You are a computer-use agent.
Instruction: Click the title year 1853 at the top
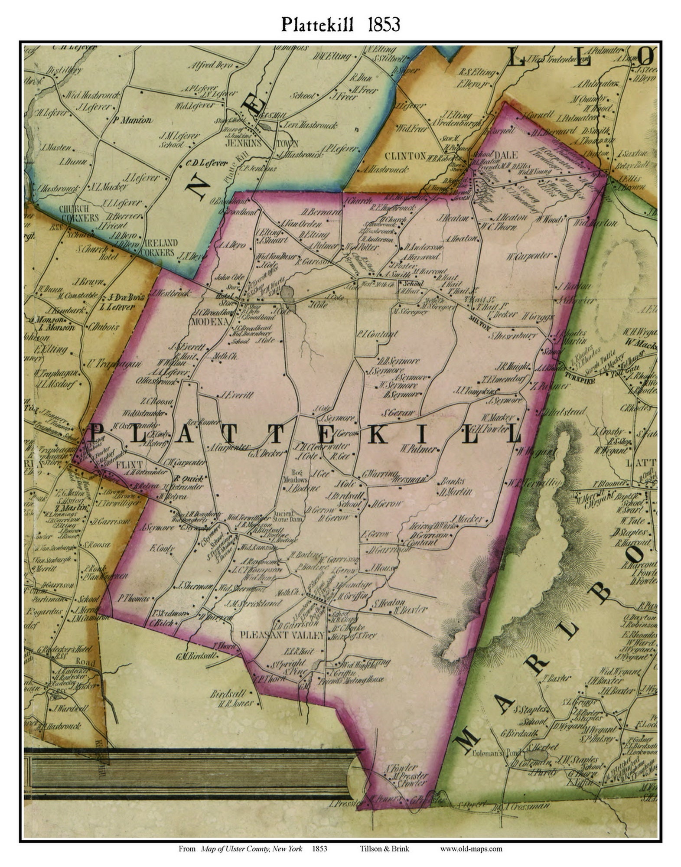tap(384, 25)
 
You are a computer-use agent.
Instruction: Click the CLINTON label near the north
tap(405, 155)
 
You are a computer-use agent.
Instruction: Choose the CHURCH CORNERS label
tap(79, 213)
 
